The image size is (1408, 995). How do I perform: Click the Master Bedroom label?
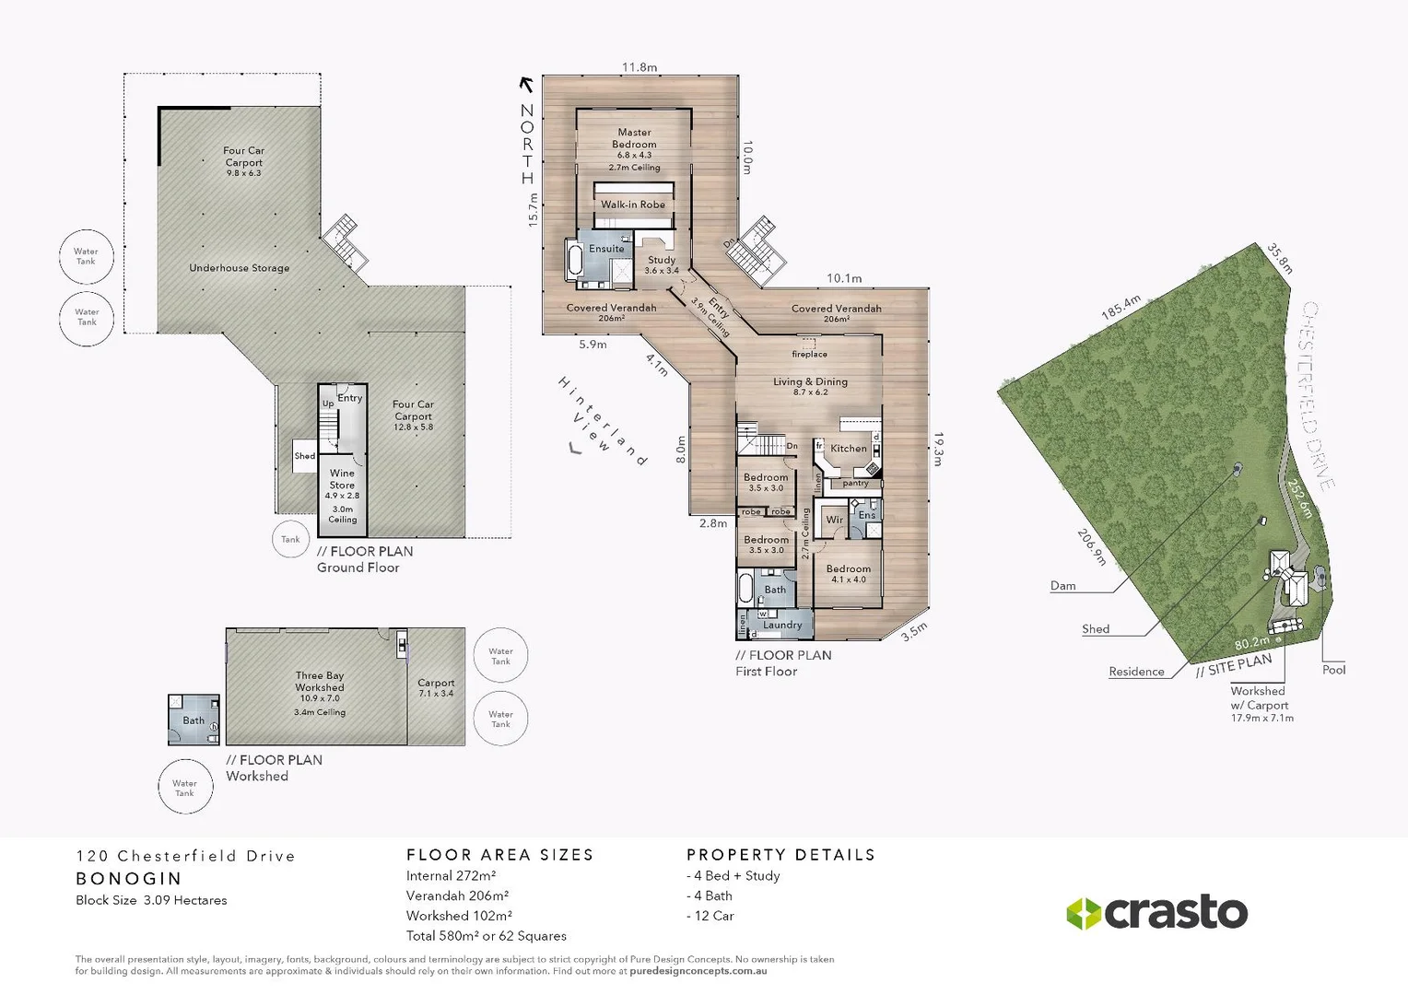[634, 138]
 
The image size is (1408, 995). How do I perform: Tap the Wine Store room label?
[342, 479]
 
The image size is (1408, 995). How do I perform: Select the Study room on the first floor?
[662, 264]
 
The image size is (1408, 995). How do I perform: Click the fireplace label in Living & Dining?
[809, 354]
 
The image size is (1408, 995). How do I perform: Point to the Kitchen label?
[848, 449]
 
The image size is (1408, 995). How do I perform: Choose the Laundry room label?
[782, 625]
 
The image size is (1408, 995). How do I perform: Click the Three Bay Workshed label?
[320, 682]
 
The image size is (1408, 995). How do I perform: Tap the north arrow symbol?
[527, 85]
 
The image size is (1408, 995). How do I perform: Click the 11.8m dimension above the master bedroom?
[639, 67]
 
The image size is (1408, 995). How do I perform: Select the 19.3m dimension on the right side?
[937, 449]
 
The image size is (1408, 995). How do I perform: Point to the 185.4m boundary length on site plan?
[1121, 308]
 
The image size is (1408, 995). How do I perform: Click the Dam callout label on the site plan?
[1062, 586]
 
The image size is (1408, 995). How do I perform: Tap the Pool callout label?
[1333, 670]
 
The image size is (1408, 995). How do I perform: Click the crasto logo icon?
[1084, 913]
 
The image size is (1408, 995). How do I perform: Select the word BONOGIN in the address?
[129, 879]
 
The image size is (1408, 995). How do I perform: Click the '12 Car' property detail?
[710, 916]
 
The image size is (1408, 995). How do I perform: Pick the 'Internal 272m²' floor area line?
[451, 876]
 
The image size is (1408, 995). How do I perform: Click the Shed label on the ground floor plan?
[304, 456]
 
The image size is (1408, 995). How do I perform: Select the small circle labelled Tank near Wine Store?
[290, 540]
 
